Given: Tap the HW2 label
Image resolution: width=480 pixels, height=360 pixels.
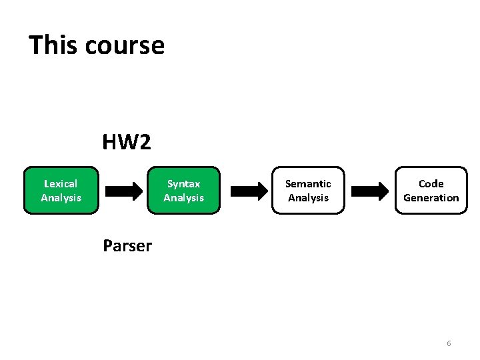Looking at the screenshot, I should click(x=127, y=141).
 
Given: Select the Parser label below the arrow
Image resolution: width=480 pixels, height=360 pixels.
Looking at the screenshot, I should click(x=127, y=246).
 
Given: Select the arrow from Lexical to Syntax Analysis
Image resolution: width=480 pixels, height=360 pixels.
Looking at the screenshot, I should click(x=125, y=191).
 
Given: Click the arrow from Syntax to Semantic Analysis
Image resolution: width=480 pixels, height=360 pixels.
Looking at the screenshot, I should click(x=248, y=191).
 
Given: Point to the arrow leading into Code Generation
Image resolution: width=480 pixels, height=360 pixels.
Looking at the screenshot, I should click(x=370, y=191).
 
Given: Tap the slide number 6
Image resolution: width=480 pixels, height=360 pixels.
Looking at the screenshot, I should click(x=449, y=343).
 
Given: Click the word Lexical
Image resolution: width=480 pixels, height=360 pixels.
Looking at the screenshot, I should click(x=61, y=183).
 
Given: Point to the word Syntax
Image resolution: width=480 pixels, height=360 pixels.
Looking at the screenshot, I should click(x=183, y=183).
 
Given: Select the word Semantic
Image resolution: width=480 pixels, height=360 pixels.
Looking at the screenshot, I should click(x=308, y=183).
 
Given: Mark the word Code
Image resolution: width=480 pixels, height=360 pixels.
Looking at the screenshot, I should click(x=431, y=183).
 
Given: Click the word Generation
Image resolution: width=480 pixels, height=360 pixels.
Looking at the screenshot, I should click(x=431, y=197).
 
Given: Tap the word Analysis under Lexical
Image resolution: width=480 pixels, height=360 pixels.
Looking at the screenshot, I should click(x=61, y=197).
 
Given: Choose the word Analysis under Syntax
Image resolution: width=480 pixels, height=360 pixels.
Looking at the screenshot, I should click(x=183, y=197).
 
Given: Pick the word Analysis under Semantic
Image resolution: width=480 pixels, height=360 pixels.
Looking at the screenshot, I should click(x=308, y=197).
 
